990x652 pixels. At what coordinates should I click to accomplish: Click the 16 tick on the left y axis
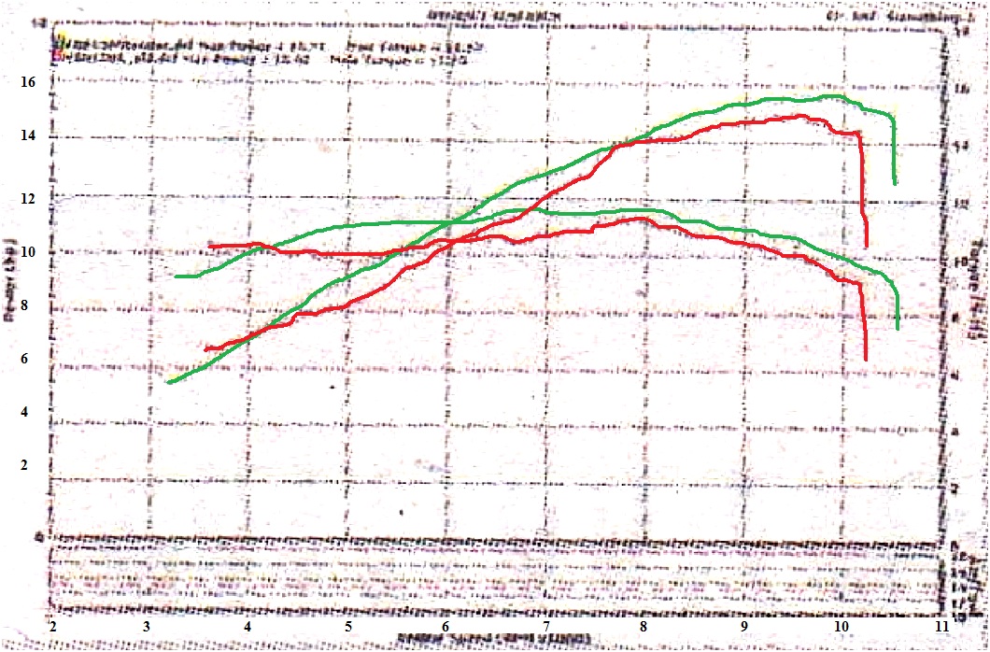[28, 83]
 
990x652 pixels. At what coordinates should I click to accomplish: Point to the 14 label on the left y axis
[28, 136]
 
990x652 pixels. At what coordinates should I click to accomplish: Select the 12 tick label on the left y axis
[28, 199]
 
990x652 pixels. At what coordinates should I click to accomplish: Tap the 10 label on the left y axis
[28, 252]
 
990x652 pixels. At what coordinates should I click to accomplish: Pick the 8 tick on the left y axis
[28, 305]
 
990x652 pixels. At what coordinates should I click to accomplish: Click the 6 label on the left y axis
[28, 359]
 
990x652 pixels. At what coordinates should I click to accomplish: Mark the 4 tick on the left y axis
[28, 412]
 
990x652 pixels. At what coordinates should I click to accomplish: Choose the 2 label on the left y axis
[28, 465]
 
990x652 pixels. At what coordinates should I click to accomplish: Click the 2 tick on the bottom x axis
[54, 627]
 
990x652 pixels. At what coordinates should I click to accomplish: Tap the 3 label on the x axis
[148, 627]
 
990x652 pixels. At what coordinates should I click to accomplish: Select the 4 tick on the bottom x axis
[247, 627]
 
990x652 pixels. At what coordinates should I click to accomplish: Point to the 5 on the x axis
[347, 627]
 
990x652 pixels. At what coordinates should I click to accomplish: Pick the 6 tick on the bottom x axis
[446, 627]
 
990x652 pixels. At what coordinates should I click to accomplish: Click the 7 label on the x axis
[546, 627]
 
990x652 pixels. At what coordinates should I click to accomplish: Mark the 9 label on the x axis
[744, 627]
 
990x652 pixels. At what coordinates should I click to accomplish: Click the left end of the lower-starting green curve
[168, 382]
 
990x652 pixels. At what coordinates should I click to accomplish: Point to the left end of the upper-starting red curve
[209, 246]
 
